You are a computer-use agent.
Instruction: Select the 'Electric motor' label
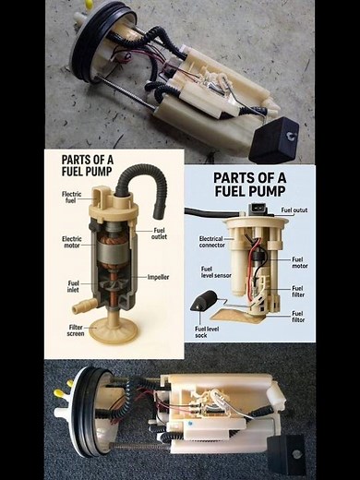(x=72, y=242)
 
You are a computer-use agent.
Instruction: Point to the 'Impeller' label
(x=158, y=277)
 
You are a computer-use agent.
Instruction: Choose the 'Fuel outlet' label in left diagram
(x=159, y=233)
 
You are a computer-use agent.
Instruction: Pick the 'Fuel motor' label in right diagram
(x=297, y=262)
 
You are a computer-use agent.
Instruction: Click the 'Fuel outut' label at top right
(x=296, y=210)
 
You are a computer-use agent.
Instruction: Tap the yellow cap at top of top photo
(x=89, y=4)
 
